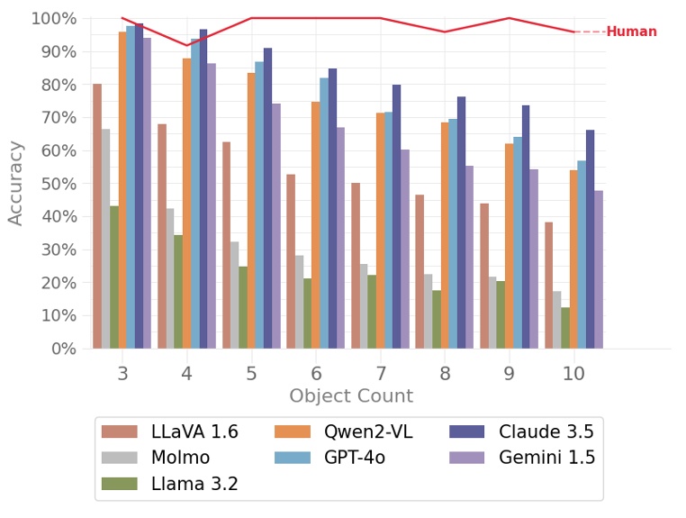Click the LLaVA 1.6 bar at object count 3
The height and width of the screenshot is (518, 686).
click(97, 216)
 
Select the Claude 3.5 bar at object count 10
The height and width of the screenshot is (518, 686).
click(590, 240)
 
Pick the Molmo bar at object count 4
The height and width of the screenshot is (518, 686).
click(170, 278)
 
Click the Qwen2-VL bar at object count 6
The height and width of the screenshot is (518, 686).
click(316, 225)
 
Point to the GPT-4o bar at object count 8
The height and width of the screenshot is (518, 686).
click(453, 234)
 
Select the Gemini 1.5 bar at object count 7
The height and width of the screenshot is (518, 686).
click(405, 249)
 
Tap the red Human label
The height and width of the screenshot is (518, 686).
click(631, 32)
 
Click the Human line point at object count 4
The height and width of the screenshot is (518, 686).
click(186, 45)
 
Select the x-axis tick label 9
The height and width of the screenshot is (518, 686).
click(509, 373)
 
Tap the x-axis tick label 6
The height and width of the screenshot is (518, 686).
click(316, 373)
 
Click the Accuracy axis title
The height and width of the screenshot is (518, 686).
click(16, 182)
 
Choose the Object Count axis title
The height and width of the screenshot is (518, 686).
click(350, 396)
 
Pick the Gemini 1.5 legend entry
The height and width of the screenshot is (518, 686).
click(522, 458)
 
